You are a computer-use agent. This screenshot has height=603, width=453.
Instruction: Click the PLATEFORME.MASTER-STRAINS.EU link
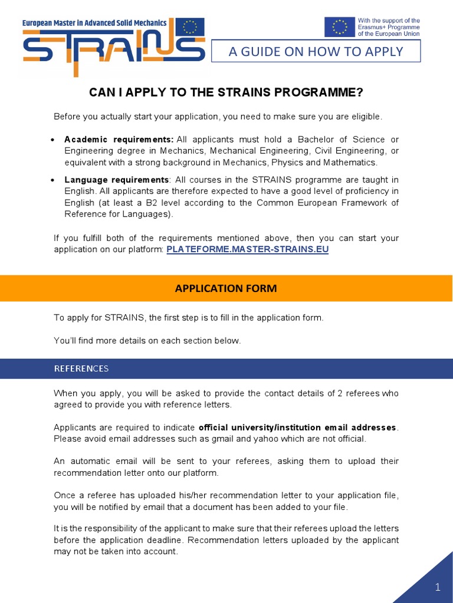point(248,249)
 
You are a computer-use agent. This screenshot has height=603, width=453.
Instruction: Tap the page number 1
point(438,587)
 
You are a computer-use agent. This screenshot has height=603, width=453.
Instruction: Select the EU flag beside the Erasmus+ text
point(339,27)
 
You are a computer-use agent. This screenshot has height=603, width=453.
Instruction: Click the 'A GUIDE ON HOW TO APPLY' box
point(316,51)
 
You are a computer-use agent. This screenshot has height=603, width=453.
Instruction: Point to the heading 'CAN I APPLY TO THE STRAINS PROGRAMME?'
point(226,92)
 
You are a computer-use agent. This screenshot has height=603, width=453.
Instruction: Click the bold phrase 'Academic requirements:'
point(119,140)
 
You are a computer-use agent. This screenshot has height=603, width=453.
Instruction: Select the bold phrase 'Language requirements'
point(116,180)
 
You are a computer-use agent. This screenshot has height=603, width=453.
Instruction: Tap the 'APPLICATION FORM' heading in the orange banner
point(226,288)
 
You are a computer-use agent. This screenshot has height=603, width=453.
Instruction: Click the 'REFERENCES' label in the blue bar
point(81,369)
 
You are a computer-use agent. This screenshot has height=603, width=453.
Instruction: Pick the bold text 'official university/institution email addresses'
point(298,427)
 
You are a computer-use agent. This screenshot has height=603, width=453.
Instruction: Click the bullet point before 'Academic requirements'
point(53,140)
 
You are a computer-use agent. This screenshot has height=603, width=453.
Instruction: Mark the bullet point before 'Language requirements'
point(53,180)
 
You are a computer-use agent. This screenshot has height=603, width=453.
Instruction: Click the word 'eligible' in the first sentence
point(366,117)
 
